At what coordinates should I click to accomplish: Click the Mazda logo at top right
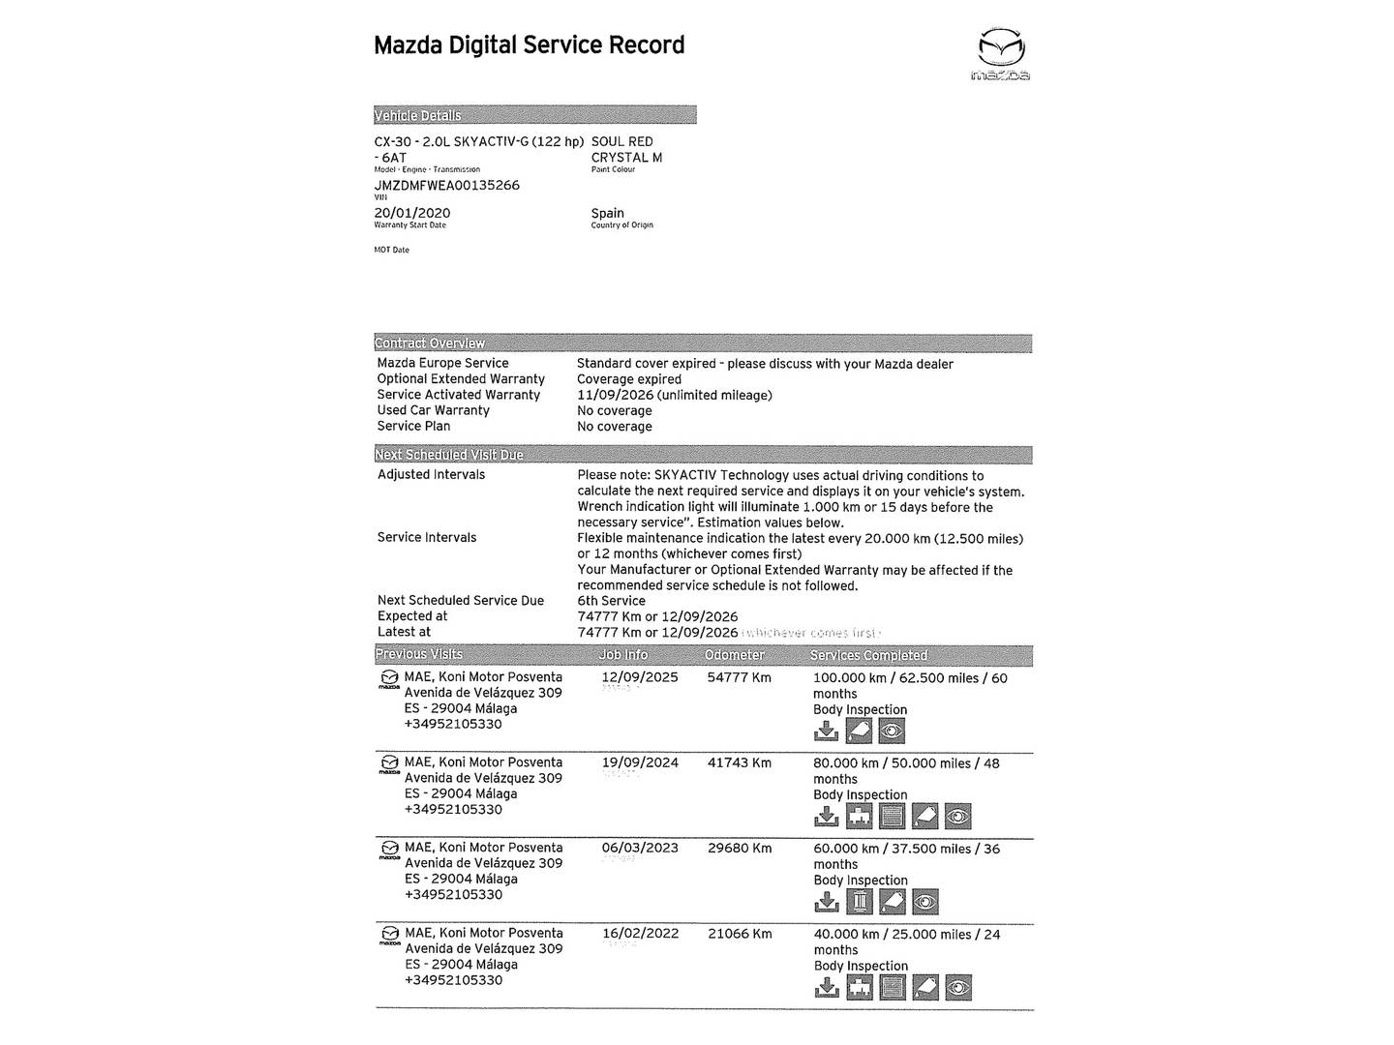[1001, 54]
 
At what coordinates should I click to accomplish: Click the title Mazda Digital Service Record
[529, 45]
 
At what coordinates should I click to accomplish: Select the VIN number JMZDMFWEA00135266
[446, 185]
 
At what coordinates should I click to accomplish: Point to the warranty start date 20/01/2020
[411, 213]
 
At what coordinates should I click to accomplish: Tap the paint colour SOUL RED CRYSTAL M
[626, 149]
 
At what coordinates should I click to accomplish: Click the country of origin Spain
[607, 213]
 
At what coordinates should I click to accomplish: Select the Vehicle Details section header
[417, 115]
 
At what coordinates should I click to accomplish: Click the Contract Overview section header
[430, 343]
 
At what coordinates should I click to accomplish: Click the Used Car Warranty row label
[433, 410]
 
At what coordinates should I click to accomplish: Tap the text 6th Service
[611, 600]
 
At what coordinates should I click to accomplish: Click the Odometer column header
[735, 655]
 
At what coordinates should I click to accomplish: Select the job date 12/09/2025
[640, 677]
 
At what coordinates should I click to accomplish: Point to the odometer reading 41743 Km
[739, 762]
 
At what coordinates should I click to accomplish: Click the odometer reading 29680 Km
[739, 848]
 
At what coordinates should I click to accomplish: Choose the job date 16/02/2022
[640, 934]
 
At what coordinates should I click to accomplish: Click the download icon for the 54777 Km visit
[826, 731]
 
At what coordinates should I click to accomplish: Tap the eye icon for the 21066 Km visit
[957, 988]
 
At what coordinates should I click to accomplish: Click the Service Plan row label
[413, 426]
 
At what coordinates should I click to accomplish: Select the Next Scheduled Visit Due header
[448, 455]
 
